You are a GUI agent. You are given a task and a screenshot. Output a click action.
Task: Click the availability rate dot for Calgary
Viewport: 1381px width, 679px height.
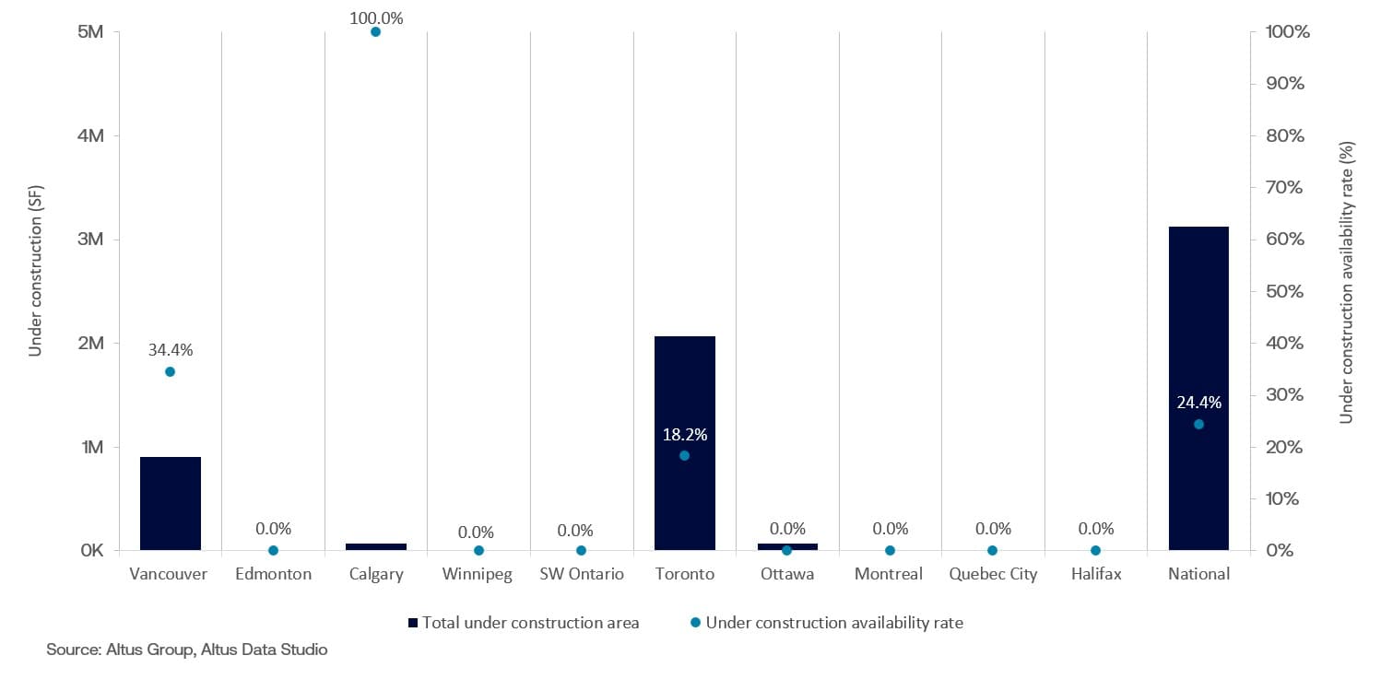coord(375,31)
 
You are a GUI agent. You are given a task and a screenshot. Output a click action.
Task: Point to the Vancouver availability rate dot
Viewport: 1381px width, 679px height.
coord(170,371)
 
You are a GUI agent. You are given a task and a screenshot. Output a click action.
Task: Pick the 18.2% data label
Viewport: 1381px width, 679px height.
coord(684,434)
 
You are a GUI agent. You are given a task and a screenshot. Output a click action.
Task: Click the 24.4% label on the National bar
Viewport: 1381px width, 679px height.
coord(1198,403)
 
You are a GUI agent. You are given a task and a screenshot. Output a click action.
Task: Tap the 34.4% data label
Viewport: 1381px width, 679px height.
coord(170,350)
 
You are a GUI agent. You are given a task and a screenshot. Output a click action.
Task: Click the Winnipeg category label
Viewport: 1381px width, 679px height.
coord(478,574)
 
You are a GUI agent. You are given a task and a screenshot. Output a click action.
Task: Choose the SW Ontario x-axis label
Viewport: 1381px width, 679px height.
coord(581,574)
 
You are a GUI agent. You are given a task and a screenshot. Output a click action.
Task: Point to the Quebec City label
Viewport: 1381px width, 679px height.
coord(992,574)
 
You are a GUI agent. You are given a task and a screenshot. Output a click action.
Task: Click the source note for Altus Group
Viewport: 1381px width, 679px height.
coord(187,650)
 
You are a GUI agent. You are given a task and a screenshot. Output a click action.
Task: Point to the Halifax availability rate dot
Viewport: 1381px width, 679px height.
coord(1095,550)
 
